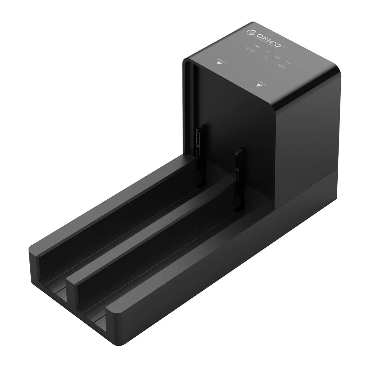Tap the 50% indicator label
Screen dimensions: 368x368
coord(278,56)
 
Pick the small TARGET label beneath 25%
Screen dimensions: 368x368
coord(282,66)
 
